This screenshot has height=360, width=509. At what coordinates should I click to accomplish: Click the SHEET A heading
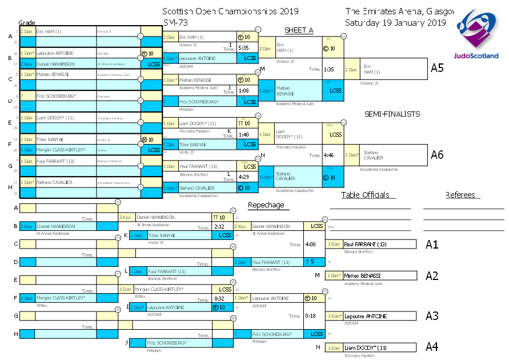click(x=299, y=30)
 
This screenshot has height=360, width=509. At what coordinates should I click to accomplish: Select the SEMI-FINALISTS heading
click(x=392, y=114)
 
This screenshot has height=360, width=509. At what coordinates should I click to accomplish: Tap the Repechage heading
click(x=266, y=205)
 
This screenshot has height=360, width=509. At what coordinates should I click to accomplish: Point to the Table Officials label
click(x=368, y=195)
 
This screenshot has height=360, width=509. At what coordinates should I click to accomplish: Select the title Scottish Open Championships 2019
click(x=230, y=11)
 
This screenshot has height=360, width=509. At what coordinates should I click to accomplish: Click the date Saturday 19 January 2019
click(x=395, y=23)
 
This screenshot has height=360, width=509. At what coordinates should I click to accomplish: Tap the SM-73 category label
click(x=174, y=23)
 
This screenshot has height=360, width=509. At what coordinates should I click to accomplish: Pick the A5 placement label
click(x=437, y=68)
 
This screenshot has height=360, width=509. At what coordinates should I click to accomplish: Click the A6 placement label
click(x=437, y=154)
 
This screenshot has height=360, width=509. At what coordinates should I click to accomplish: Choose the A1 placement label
click(x=432, y=244)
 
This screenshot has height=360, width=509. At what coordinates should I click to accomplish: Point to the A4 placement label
click(x=432, y=347)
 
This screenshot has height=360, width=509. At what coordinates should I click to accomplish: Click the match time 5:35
click(x=243, y=47)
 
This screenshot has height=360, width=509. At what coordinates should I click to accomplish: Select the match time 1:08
click(x=243, y=90)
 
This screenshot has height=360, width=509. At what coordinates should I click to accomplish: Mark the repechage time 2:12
click(x=219, y=227)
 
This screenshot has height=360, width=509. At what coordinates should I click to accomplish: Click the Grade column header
click(x=27, y=22)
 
